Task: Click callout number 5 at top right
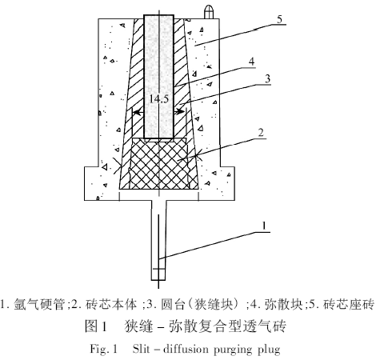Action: point(279,19)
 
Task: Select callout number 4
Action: point(251,62)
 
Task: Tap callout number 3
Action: point(267,78)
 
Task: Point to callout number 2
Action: point(261,133)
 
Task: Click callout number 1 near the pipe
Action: point(264,226)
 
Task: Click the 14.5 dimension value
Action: point(159,99)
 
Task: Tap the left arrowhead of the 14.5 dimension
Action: point(137,113)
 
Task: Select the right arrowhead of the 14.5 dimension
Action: point(181,112)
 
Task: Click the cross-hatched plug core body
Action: point(159,163)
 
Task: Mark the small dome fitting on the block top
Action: point(209,12)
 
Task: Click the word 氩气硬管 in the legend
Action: point(40,304)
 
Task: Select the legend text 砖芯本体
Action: point(111,304)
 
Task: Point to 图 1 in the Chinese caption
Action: point(96,326)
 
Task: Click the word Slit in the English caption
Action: point(141,349)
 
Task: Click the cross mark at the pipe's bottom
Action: point(158,269)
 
